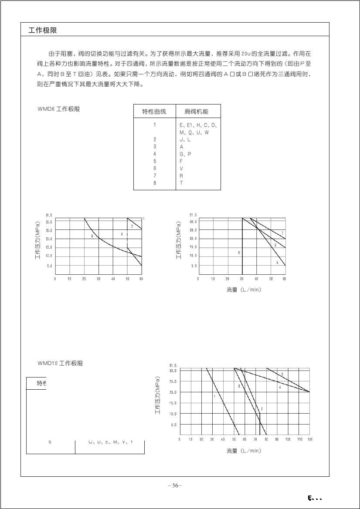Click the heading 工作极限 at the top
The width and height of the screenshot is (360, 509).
coord(42,30)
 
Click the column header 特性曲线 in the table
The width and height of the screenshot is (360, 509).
coord(154,111)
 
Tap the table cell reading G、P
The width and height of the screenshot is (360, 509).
coord(185,154)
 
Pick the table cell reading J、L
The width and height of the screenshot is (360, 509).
coord(185,139)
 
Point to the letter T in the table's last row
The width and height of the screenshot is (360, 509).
coord(181,183)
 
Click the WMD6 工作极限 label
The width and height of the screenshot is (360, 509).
coord(59,109)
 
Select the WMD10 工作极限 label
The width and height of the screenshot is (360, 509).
coord(60,363)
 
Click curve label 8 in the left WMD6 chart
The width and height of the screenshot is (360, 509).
coord(92,236)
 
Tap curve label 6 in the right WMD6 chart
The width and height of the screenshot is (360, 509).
coord(239,252)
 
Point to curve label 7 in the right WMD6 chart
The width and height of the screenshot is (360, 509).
coord(282,233)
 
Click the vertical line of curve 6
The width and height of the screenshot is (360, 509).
coord(242,261)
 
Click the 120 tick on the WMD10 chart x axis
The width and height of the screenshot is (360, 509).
coord(310,439)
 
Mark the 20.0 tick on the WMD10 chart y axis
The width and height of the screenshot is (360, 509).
coord(173,392)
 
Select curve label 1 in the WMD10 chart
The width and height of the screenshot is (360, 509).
coord(214,396)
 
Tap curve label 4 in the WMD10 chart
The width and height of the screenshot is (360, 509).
coord(280,387)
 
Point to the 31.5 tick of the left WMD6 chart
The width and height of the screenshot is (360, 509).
coord(49,215)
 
